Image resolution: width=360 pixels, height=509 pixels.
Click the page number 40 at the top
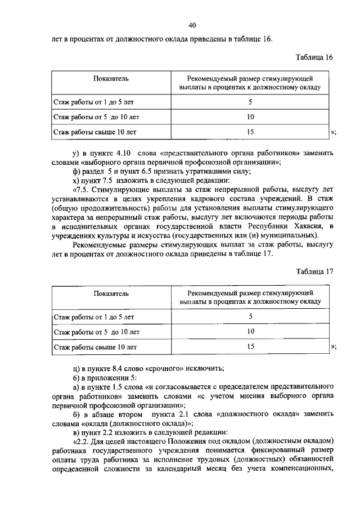[x=192, y=26]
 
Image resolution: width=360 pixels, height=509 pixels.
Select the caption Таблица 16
[x=314, y=58]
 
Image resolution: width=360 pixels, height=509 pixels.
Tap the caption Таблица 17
[x=314, y=272]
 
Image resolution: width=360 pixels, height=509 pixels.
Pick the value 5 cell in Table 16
[x=250, y=102]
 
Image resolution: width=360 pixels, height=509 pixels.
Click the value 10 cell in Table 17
[x=250, y=332]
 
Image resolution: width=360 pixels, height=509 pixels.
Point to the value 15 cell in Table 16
[x=250, y=133]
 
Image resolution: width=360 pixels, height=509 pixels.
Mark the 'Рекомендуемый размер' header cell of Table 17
[x=250, y=298]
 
